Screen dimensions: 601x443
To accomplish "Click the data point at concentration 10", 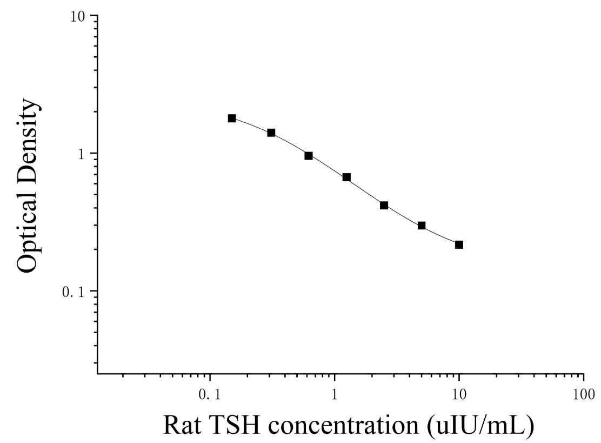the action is click(x=459, y=244).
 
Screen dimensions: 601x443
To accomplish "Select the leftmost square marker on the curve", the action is click(x=232, y=118).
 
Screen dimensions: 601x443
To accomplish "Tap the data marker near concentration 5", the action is click(x=422, y=226).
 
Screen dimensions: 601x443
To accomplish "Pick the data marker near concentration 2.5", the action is click(x=384, y=206).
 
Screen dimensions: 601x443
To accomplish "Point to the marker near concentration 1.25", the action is click(x=346, y=177).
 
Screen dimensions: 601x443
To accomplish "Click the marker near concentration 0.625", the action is click(x=309, y=156).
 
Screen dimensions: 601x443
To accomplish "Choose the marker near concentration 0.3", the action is click(x=271, y=133).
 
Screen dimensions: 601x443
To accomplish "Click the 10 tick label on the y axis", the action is click(x=78, y=16).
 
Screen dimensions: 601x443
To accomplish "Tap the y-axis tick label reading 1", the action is click(x=81, y=154).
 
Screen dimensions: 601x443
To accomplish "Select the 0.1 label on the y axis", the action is click(x=73, y=292).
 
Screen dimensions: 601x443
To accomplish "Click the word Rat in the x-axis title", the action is click(x=182, y=425).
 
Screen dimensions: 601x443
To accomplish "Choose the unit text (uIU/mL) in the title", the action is click(x=480, y=426).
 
